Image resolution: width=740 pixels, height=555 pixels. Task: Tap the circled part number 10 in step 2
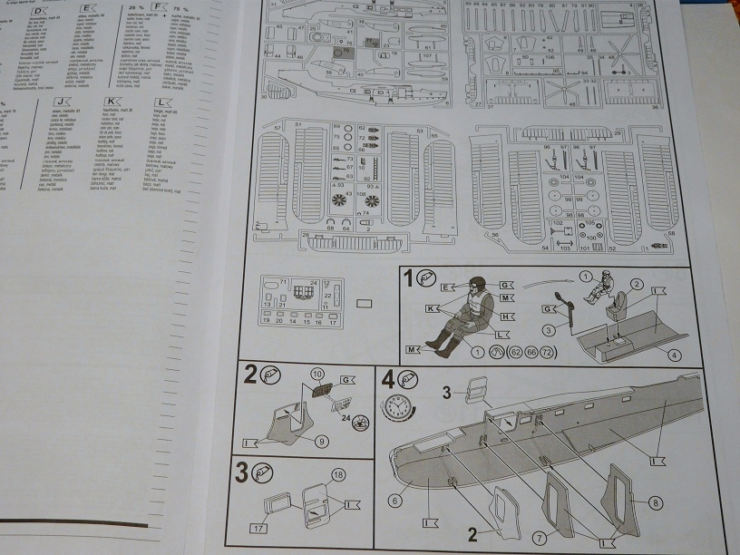coord(316,373)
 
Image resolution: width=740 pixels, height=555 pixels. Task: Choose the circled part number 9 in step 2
coord(323,442)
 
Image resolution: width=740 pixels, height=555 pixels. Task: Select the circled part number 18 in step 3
coord(337,474)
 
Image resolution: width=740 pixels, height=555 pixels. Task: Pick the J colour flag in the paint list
coord(60,102)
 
